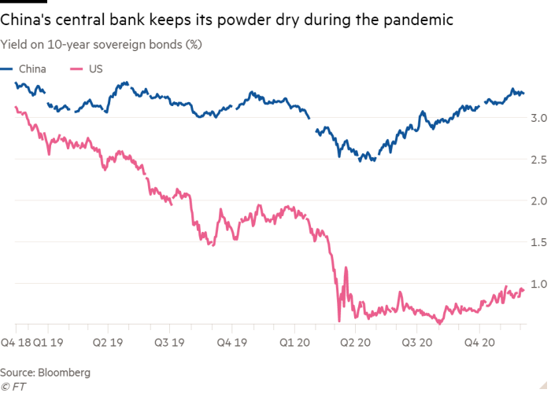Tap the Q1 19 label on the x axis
tap(48, 343)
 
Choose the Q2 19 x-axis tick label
tap(109, 343)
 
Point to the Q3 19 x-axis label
tap(170, 343)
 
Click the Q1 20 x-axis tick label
tap(294, 343)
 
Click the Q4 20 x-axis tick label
tap(479, 343)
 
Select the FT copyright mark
tap(13, 386)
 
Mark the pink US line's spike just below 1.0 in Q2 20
tap(345, 271)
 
